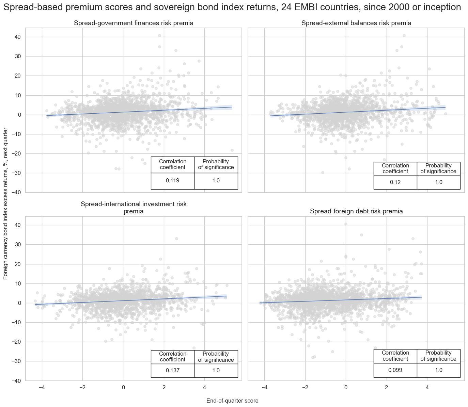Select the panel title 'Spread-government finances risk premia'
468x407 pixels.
click(134, 23)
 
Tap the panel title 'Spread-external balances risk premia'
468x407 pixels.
click(356, 23)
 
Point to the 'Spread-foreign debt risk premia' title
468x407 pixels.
click(356, 211)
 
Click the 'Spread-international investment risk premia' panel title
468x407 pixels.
click(134, 208)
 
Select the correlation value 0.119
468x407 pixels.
click(172, 181)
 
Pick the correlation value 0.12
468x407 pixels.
click(395, 182)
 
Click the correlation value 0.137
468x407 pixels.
click(172, 371)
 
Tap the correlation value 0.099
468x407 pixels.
click(395, 370)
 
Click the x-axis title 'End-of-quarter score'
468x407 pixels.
click(232, 401)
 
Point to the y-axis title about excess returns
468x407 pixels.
click(5, 203)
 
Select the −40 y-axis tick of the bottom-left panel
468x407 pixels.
click(16, 381)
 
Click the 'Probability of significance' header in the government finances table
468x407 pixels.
click(216, 164)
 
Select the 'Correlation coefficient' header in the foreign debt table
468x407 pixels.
click(395, 356)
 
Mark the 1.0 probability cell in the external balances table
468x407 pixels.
click(439, 182)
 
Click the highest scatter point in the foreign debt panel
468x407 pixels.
click(346, 224)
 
